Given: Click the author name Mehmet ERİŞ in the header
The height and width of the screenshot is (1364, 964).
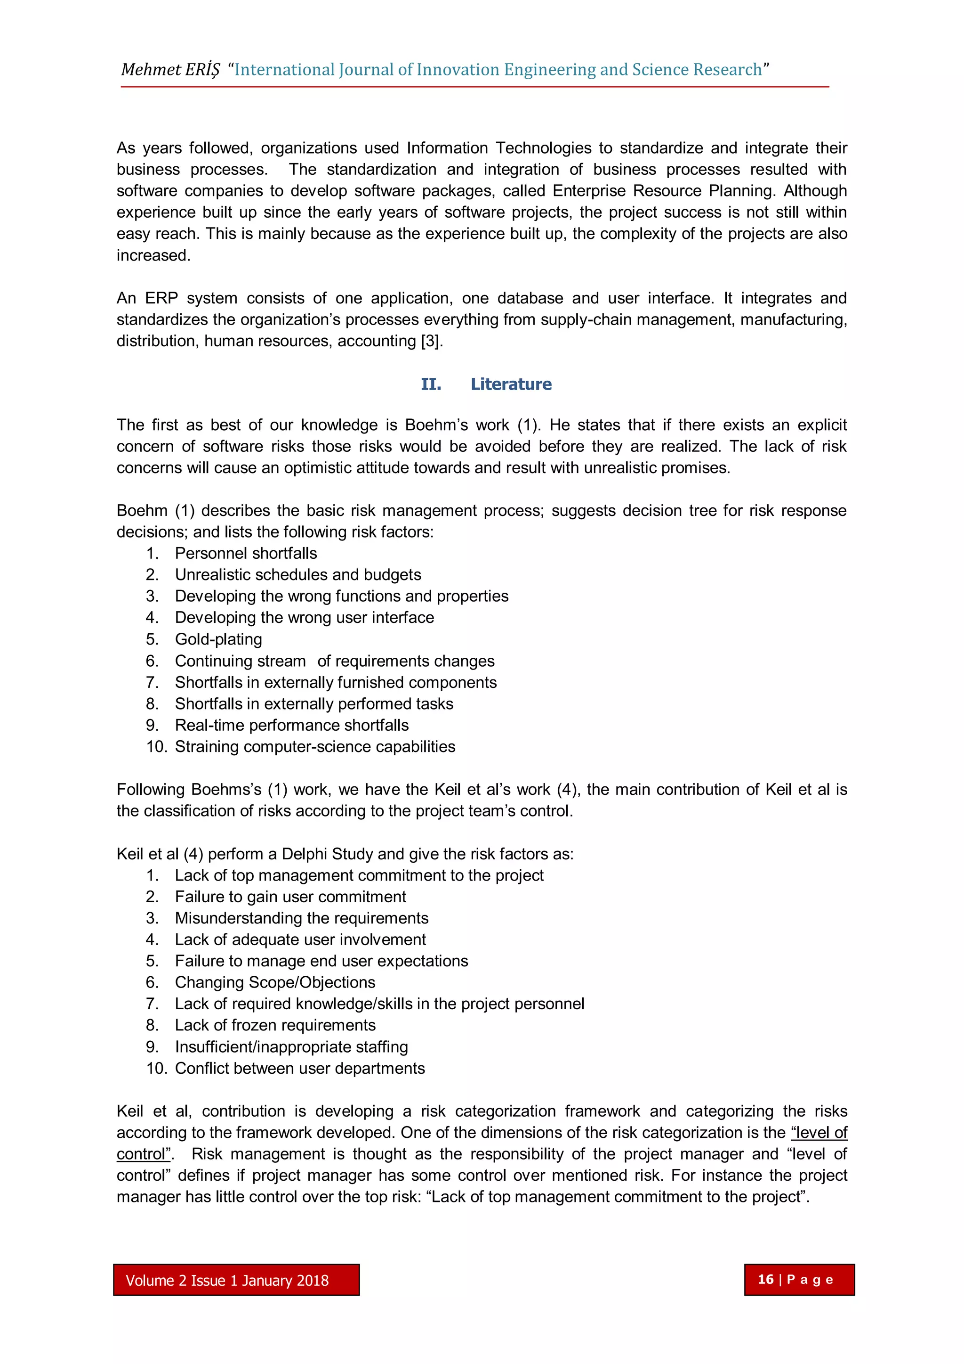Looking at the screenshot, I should click(170, 70).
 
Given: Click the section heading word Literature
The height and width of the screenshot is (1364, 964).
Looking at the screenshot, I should click(511, 384).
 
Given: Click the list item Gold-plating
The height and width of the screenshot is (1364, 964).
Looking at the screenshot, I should click(218, 639).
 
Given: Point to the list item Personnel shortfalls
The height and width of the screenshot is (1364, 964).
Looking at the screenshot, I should click(246, 553).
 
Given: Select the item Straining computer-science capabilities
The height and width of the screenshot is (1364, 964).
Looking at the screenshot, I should click(314, 747).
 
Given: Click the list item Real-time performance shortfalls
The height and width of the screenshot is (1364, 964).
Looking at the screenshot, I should click(291, 726).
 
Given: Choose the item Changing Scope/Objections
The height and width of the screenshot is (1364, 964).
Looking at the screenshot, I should click(275, 983).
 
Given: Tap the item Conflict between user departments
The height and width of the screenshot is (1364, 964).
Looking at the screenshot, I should click(300, 1068).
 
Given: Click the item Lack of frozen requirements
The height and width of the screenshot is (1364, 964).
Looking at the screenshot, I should click(275, 1025).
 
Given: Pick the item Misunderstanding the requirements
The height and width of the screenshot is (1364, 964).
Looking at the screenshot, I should click(302, 918).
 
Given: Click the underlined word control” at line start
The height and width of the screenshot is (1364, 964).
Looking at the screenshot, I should click(144, 1154).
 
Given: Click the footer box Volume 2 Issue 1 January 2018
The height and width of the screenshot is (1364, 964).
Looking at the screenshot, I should click(236, 1280).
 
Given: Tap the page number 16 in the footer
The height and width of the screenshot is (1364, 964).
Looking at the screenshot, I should click(765, 1279).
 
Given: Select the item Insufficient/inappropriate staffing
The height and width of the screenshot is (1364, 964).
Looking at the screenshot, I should click(291, 1047).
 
